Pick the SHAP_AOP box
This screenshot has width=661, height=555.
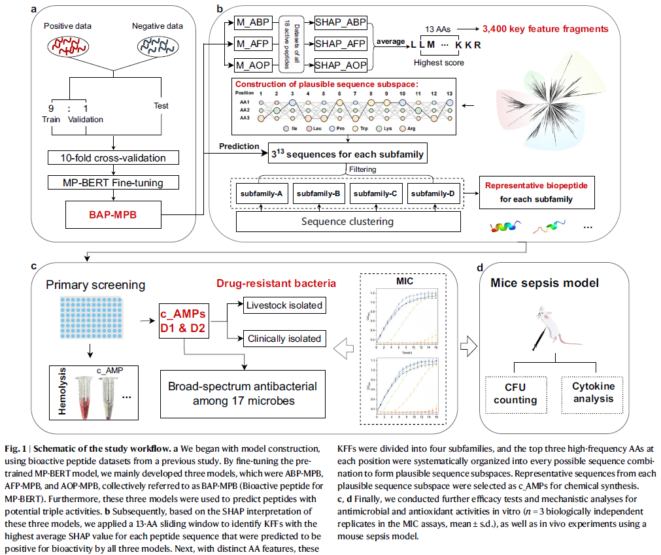tap(340, 65)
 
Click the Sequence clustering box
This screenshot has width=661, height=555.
tap(347, 221)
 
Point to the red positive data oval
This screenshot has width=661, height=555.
tap(67, 48)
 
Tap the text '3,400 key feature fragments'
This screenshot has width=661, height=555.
tap(545, 29)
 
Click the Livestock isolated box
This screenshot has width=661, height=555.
tap(283, 305)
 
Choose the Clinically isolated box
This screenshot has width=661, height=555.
tap(284, 339)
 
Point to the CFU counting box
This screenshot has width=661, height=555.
tap(515, 394)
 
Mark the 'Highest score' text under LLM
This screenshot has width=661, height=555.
tap(439, 62)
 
